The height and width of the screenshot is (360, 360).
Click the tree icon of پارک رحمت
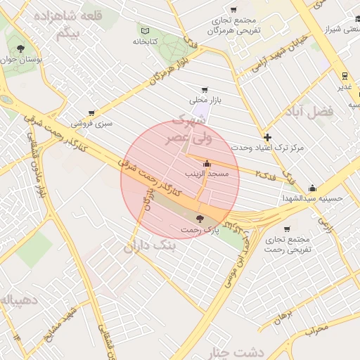(x=201, y=219)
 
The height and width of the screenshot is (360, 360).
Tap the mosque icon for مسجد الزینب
(x=206, y=162)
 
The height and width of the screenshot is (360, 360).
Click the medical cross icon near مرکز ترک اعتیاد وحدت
(x=267, y=138)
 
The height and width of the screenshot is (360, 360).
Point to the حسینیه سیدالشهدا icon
(x=312, y=188)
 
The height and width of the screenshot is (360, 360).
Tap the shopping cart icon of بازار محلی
(x=205, y=90)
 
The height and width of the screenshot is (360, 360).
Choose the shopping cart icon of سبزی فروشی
(x=91, y=113)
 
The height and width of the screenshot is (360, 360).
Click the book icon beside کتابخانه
(x=146, y=32)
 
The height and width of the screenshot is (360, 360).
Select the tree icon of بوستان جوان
(x=20, y=49)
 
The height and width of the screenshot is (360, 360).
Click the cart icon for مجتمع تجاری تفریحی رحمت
(x=287, y=229)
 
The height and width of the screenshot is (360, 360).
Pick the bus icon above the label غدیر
(x=344, y=75)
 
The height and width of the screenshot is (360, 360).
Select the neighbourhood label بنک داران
(x=153, y=246)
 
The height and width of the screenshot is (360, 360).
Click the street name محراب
(x=316, y=328)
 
